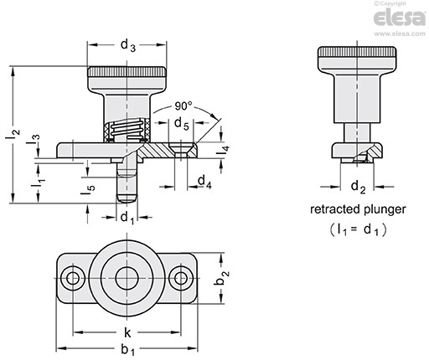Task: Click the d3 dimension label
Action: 128,45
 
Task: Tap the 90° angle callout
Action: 183,106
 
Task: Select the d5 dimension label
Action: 182,124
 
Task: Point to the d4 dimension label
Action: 204,182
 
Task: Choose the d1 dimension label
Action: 127,218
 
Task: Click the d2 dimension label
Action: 358,187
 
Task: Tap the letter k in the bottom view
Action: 127,332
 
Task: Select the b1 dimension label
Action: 127,350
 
